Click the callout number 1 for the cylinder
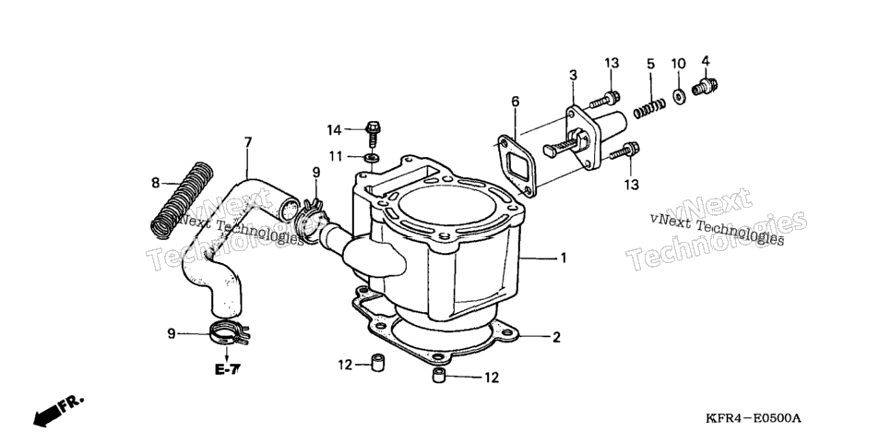[564, 259]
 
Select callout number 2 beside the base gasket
[556, 337]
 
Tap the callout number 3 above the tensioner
[574, 75]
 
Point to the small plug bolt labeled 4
[705, 87]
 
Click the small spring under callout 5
[649, 109]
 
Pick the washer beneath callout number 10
[679, 96]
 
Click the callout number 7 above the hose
[248, 142]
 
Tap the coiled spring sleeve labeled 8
[183, 199]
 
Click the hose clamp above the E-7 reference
[229, 333]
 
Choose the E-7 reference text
[227, 370]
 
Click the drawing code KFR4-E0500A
[753, 419]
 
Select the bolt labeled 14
[373, 134]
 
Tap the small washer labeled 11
[372, 156]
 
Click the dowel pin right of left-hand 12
[376, 363]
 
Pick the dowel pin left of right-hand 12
[437, 376]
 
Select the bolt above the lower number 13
[624, 150]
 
